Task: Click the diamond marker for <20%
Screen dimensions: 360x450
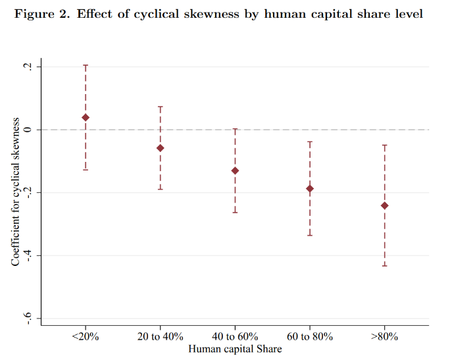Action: pyautogui.click(x=86, y=118)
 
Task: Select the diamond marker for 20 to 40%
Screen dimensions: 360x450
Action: pyautogui.click(x=161, y=148)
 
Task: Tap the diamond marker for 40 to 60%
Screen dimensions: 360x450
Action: pyautogui.click(x=235, y=171)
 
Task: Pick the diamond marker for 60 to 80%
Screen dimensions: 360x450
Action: pyautogui.click(x=310, y=189)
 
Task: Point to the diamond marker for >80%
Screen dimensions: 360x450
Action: pyautogui.click(x=385, y=206)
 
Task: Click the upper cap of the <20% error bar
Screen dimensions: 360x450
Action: pyautogui.click(x=86, y=65)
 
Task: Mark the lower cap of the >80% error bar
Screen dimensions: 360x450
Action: pyautogui.click(x=385, y=265)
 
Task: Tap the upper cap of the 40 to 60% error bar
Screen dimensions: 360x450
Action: pyautogui.click(x=235, y=129)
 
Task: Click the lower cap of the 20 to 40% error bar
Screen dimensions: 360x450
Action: pyautogui.click(x=161, y=190)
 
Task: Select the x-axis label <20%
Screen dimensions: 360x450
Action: pyautogui.click(x=86, y=336)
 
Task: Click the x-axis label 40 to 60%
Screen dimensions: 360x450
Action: pyautogui.click(x=235, y=336)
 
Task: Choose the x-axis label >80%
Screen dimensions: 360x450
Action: pyautogui.click(x=385, y=336)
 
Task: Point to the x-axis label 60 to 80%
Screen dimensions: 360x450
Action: pyautogui.click(x=310, y=336)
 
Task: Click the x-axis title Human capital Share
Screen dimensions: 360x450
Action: pyautogui.click(x=235, y=349)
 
